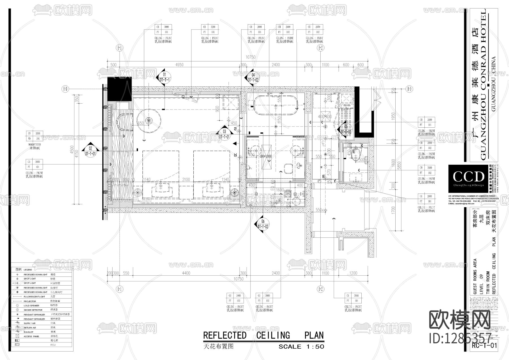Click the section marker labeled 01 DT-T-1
164,77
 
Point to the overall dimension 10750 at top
250,57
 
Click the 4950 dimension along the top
179,65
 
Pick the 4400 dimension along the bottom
186,273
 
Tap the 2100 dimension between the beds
186,180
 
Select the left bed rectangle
161,170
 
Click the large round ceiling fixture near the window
149,121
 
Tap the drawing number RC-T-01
484,346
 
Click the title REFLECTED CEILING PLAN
263,335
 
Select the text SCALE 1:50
301,346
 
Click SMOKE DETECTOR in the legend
33,310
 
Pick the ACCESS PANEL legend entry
31,337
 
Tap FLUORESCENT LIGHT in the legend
34,297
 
